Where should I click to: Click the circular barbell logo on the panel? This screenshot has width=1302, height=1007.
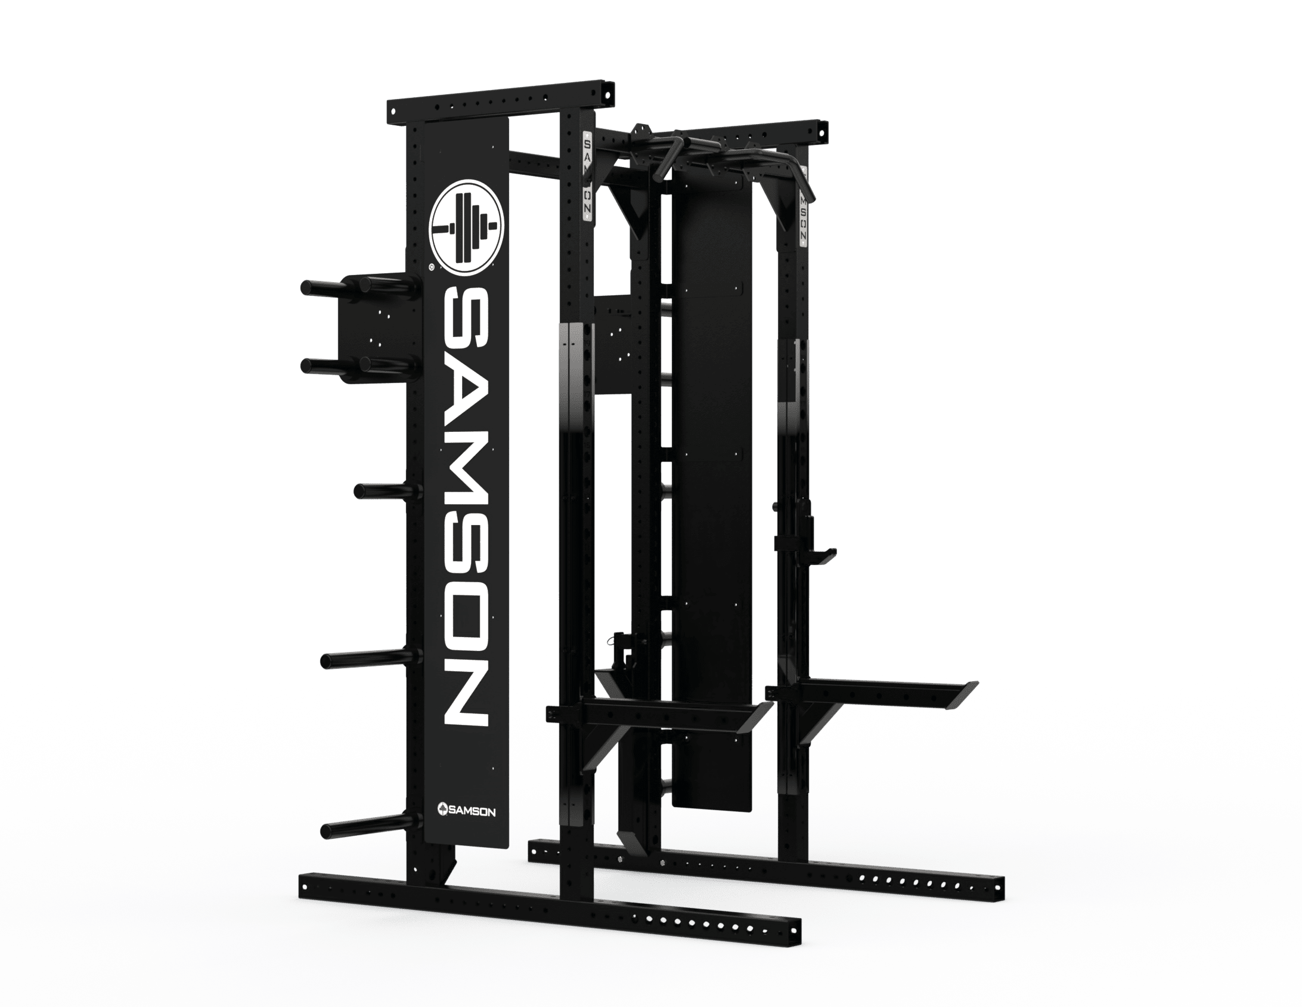click(467, 227)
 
